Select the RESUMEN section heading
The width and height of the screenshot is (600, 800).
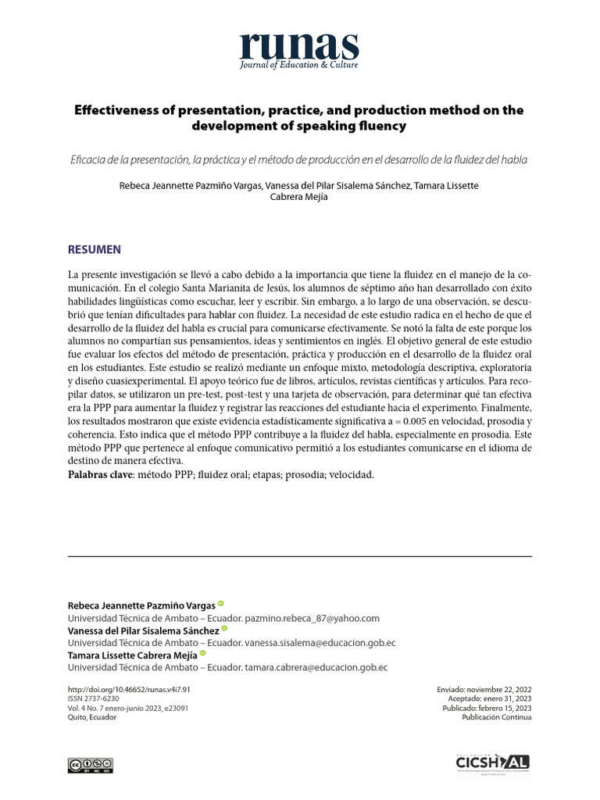(94, 250)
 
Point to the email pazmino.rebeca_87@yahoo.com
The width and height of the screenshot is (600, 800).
(312, 618)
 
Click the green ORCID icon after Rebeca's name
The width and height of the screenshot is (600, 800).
(220, 604)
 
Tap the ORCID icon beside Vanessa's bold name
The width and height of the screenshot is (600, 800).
(224, 629)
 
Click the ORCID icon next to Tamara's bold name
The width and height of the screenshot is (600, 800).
(203, 654)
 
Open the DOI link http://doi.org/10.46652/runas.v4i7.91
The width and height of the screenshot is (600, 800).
(129, 690)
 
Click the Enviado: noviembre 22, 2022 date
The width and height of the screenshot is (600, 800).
(486, 690)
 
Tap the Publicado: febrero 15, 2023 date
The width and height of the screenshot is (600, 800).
(487, 709)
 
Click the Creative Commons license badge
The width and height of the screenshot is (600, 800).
(91, 765)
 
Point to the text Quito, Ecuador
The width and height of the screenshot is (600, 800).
(92, 718)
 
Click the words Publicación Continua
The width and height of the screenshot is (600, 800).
(497, 718)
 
